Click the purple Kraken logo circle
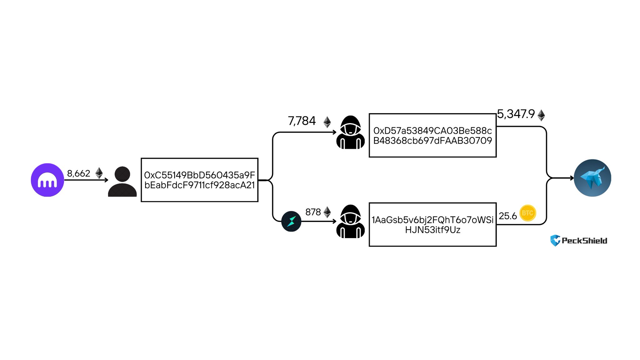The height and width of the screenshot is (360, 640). [x=47, y=180]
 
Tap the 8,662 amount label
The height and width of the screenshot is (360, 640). [x=78, y=173]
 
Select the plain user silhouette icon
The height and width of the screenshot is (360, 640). [x=122, y=182]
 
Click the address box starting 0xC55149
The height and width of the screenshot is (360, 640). [x=199, y=180]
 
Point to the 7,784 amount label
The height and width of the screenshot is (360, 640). [x=302, y=121]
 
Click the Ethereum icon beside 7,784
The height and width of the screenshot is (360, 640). [x=327, y=122]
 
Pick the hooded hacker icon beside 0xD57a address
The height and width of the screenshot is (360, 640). [x=350, y=132]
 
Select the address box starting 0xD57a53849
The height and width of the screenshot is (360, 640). [x=432, y=135]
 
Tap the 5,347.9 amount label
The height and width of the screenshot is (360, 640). [x=516, y=114]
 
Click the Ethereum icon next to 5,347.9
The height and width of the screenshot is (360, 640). [x=541, y=115]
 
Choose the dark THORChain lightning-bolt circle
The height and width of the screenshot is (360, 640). [x=291, y=221]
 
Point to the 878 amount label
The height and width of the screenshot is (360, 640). [x=313, y=212]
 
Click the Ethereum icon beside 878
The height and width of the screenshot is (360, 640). [x=327, y=212]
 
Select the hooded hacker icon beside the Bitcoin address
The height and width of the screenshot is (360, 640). [x=350, y=222]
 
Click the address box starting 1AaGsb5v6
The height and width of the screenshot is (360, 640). [x=432, y=225]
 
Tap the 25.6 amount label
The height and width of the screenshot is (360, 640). [x=507, y=216]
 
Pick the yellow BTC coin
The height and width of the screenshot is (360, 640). [x=527, y=213]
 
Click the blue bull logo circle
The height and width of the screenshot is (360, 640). [x=592, y=178]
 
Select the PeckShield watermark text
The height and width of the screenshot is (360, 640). [x=584, y=241]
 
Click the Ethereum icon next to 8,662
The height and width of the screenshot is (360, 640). [x=99, y=173]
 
